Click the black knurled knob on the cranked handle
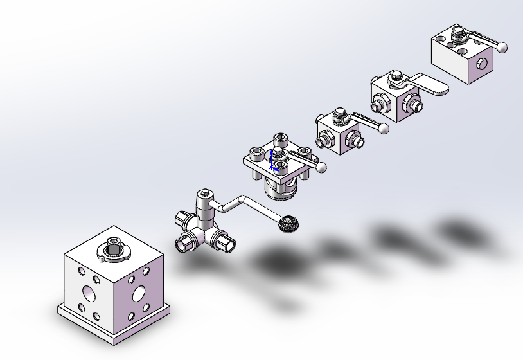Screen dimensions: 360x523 tap(289, 224)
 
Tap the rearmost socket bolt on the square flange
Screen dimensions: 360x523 tap(280, 138)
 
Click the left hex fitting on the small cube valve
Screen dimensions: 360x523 tap(324, 138)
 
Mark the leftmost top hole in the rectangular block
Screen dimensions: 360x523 tap(440, 40)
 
